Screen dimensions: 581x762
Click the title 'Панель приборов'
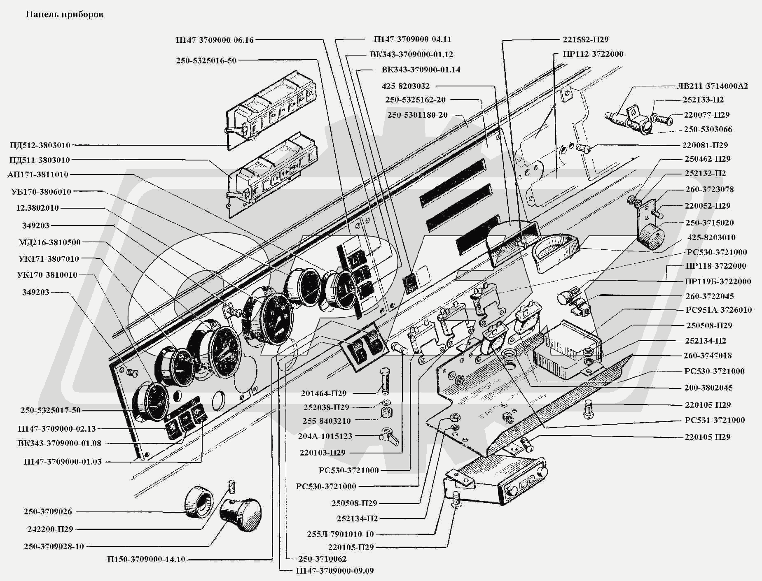(x=65, y=14)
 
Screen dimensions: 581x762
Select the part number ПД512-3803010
(x=40, y=145)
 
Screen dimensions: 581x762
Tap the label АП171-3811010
(x=38, y=174)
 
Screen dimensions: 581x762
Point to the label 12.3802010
(x=37, y=208)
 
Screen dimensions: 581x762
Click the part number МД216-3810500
(x=49, y=242)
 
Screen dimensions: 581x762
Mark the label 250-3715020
(x=710, y=223)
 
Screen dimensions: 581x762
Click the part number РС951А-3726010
(x=718, y=310)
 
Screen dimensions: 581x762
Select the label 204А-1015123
(x=325, y=436)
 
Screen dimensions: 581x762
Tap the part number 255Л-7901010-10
(x=340, y=534)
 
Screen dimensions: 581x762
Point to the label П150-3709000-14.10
(x=146, y=559)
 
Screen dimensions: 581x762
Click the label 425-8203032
(x=406, y=86)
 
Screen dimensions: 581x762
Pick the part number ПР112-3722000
(x=593, y=54)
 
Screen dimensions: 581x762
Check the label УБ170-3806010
(x=41, y=192)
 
